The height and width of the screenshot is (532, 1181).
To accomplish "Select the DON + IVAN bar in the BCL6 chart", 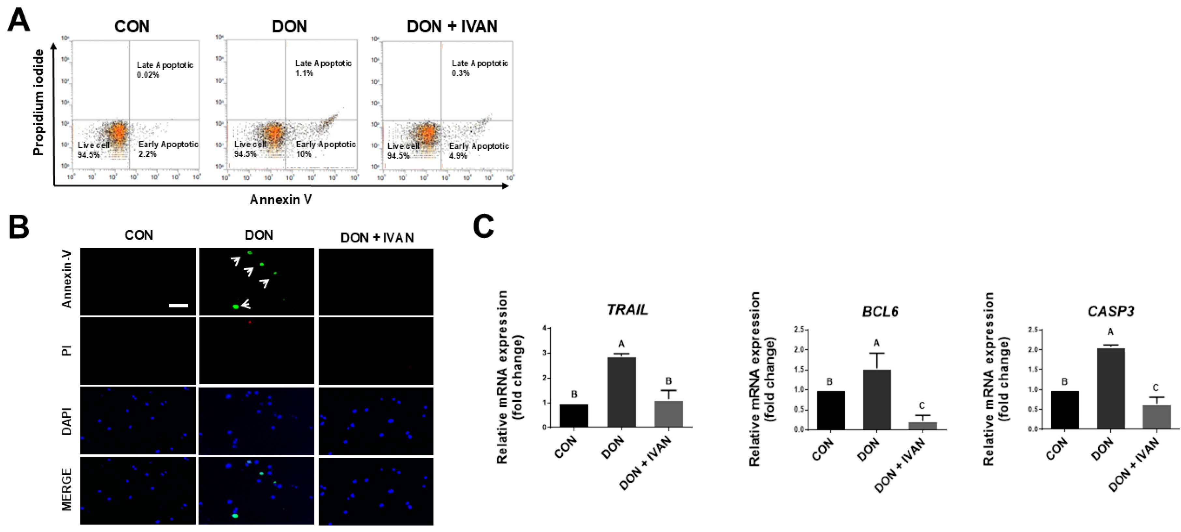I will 923,426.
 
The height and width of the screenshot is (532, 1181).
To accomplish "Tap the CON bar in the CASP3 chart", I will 1065,410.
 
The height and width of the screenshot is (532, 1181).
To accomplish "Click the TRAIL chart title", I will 627,310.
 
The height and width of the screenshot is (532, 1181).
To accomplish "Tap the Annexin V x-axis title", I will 281,200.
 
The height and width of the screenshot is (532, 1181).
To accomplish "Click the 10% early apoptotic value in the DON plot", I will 304,154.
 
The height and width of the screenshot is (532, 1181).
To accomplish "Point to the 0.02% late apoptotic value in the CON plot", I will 148,75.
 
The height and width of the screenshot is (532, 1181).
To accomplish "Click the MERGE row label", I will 67,489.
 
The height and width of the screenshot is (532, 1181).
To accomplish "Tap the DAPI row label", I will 67,421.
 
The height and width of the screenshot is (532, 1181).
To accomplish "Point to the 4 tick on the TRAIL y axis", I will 544,328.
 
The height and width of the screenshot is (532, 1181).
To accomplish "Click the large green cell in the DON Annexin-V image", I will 236,307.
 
